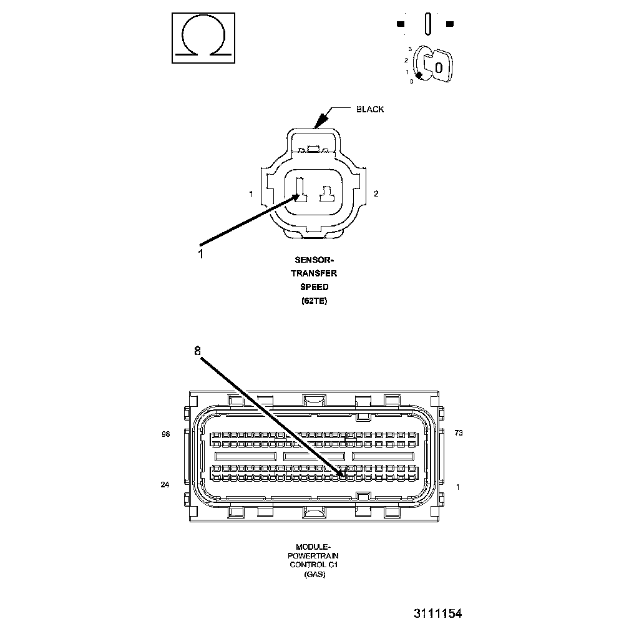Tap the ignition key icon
(x=436, y=65)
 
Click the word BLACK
(x=370, y=109)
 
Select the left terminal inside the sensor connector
(x=300, y=192)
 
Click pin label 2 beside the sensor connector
(x=376, y=193)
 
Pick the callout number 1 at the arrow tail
(x=200, y=253)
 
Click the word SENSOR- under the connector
(x=314, y=260)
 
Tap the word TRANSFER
(x=314, y=273)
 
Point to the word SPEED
(x=314, y=287)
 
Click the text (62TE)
(x=314, y=301)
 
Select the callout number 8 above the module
(x=197, y=351)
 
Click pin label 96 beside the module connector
(x=165, y=434)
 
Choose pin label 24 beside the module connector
(x=165, y=484)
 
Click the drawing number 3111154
(x=437, y=613)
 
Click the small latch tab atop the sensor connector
(x=314, y=150)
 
